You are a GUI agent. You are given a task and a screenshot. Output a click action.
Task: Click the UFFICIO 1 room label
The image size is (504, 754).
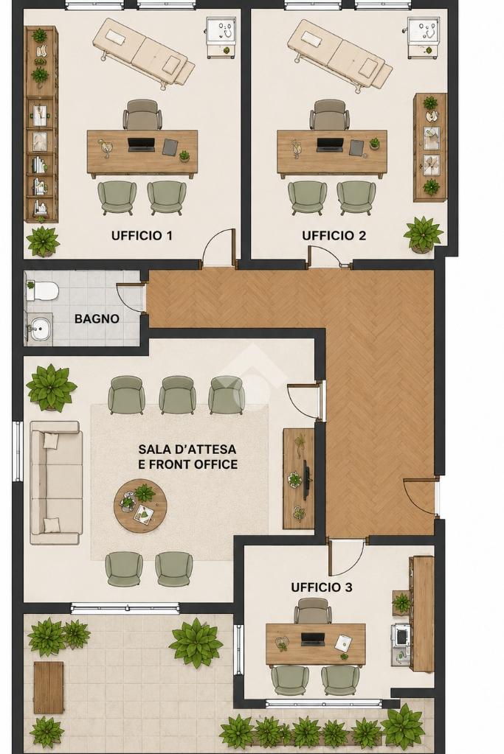click(x=142, y=236)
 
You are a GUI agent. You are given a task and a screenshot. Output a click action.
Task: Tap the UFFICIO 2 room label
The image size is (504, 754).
click(x=334, y=236)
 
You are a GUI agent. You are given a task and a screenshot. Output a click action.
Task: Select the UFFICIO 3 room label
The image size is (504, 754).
click(x=322, y=587)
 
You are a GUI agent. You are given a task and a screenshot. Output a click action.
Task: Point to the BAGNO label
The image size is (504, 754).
click(x=97, y=319)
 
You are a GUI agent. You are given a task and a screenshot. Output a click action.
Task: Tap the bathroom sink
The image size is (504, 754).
click(x=39, y=329)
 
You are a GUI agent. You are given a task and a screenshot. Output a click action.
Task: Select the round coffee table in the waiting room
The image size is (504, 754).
click(x=140, y=506)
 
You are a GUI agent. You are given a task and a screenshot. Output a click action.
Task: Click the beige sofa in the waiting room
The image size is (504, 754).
click(x=55, y=483)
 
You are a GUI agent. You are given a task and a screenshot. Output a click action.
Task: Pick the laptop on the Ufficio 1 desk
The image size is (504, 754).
click(x=142, y=144)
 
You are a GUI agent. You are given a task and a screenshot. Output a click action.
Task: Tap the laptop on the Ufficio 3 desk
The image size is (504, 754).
click(x=314, y=639)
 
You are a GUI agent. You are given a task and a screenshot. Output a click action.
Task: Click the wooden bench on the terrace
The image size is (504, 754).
click(x=48, y=688)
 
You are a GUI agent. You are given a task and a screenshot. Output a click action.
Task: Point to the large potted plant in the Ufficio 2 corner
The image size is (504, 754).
click(x=423, y=234)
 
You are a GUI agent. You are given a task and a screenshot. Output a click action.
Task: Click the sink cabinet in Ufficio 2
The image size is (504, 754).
click(x=423, y=38)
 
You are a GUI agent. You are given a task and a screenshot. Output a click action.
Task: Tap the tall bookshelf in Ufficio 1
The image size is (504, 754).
click(x=41, y=124)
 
